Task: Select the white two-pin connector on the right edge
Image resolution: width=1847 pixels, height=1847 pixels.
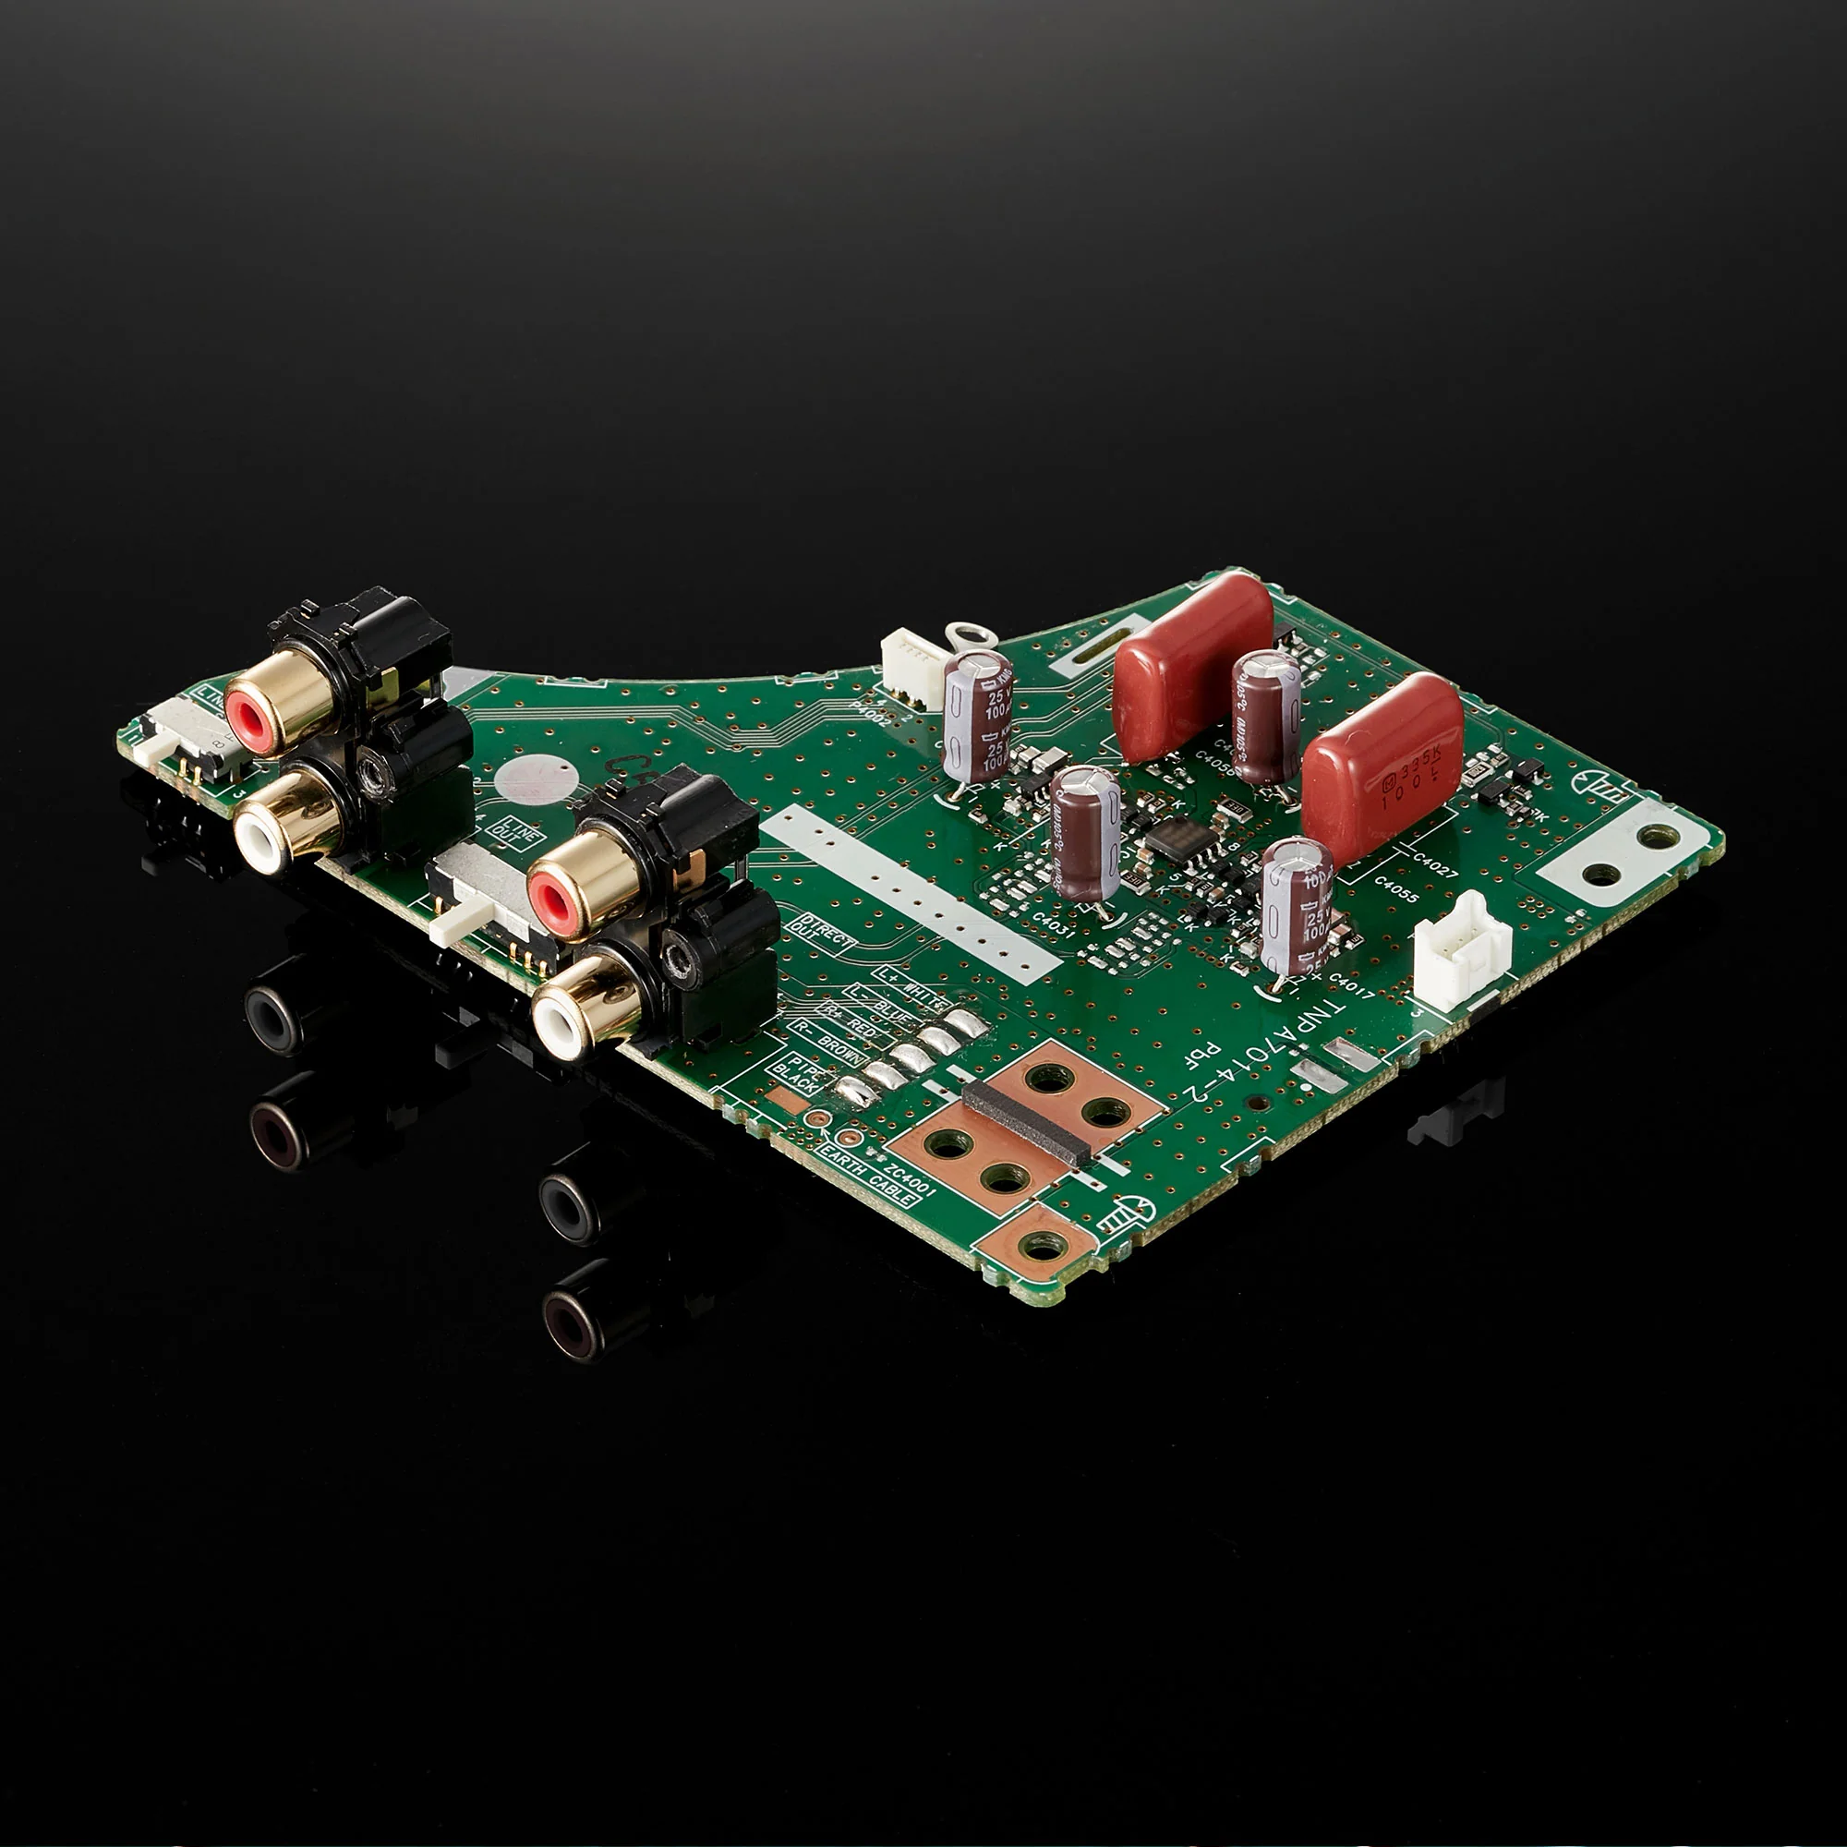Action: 1461,950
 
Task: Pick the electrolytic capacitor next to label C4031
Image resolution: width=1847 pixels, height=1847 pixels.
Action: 1085,833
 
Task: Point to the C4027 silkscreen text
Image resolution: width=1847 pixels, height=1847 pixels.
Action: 1434,865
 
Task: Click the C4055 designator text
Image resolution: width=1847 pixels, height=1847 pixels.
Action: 1395,889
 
